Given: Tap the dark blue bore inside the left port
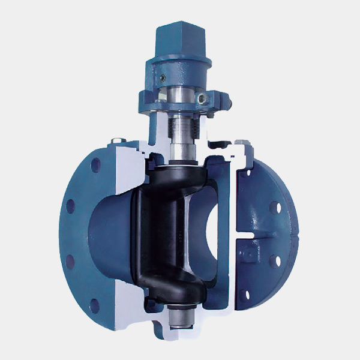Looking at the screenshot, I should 105,234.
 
